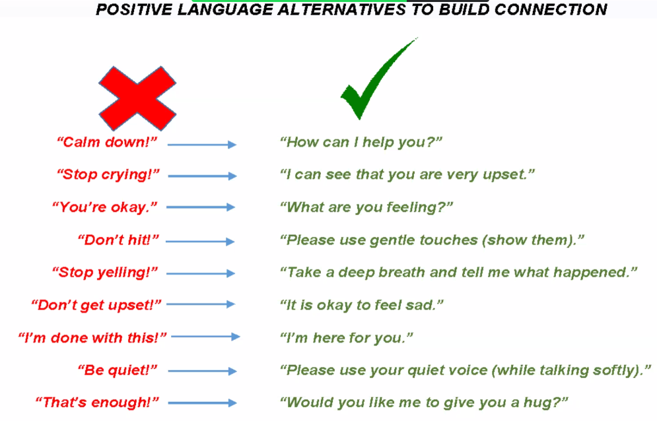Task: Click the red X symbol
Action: coord(137,98)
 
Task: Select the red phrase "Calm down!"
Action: coord(107,142)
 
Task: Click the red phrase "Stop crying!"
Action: coord(108,174)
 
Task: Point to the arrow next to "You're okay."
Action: coord(201,207)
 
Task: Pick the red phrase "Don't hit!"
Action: coord(118,240)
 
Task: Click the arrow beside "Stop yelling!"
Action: coord(201,274)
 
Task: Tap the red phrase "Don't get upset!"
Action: coord(96,305)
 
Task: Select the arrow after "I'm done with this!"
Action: coord(206,337)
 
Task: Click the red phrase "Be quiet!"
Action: coord(118,370)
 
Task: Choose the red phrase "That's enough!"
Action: coord(97,402)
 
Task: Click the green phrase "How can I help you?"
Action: coord(361,143)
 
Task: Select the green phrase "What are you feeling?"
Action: coord(366,207)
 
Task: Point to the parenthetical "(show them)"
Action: coord(529,240)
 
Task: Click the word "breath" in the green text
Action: coord(402,273)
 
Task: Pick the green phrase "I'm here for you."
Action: coord(346,338)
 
